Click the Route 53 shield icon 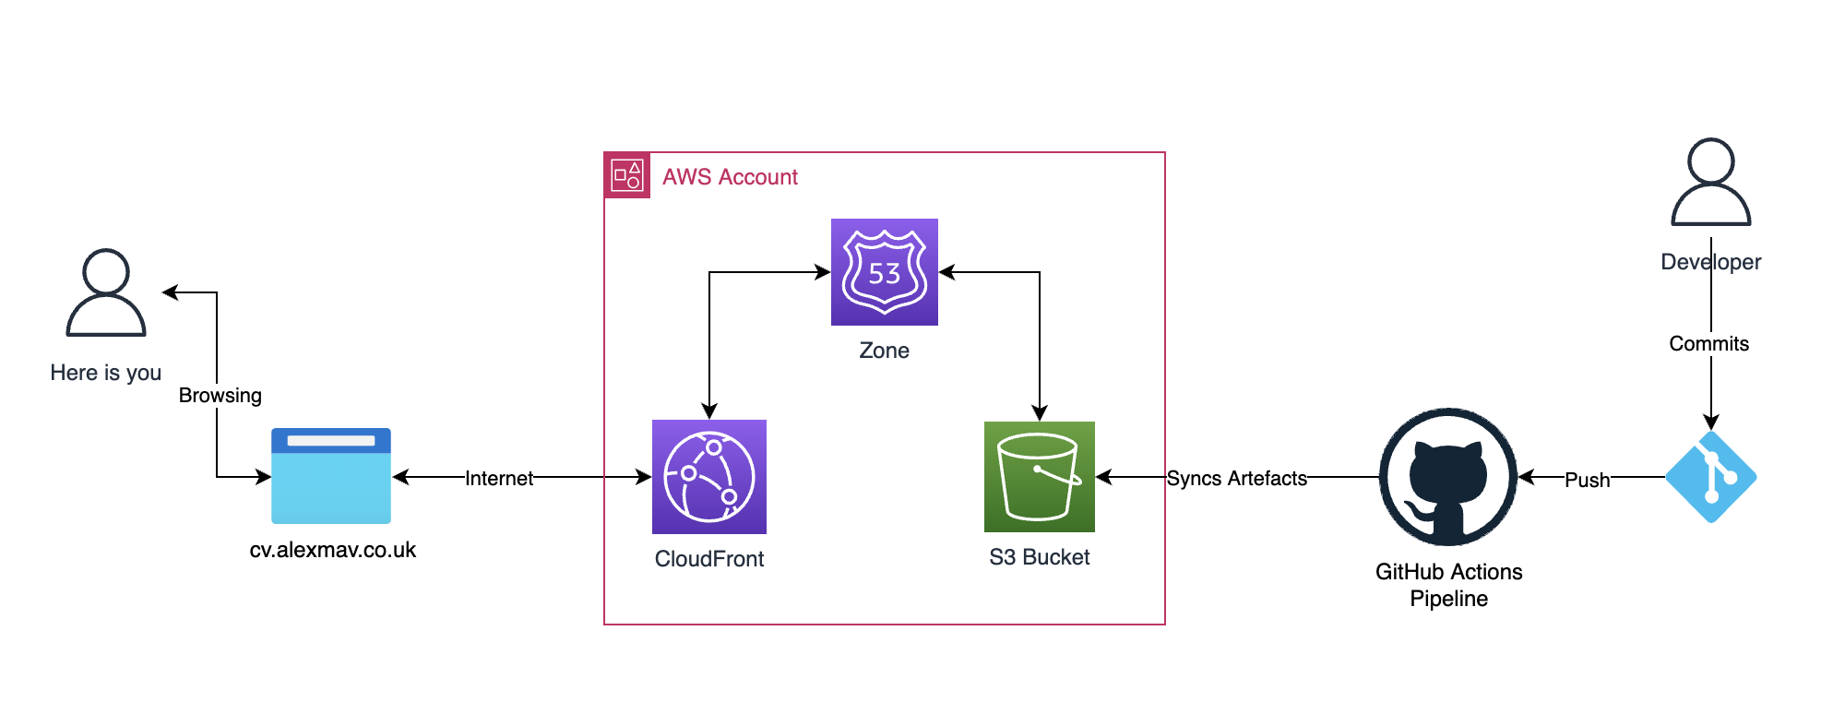point(884,272)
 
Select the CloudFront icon point(708,477)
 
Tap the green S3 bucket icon point(1039,477)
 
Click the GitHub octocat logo point(1447,477)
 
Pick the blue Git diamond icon point(1710,477)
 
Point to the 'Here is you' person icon point(106,292)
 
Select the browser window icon point(331,476)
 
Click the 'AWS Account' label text point(730,177)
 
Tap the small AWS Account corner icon point(627,175)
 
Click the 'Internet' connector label point(499,478)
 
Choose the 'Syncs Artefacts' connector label point(1236,478)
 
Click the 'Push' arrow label point(1587,480)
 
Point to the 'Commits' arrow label point(1708,344)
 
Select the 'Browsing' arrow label point(220,396)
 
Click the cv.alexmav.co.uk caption point(332,550)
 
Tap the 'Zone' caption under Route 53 point(884,351)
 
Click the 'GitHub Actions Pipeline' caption point(1448,585)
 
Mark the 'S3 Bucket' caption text point(1039,557)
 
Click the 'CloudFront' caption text point(708,559)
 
